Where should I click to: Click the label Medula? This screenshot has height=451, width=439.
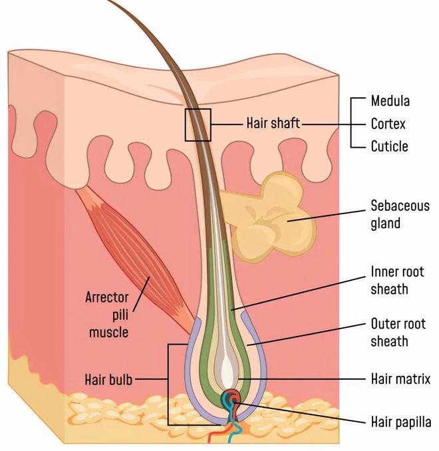click(390, 101)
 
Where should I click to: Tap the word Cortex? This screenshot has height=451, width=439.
click(388, 124)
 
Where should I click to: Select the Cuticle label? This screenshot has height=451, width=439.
click(390, 146)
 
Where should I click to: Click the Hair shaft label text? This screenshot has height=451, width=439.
click(273, 123)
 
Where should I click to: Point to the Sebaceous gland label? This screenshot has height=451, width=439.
click(400, 215)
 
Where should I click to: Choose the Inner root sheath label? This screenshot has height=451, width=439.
click(397, 281)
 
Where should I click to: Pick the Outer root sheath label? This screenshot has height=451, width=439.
click(398, 333)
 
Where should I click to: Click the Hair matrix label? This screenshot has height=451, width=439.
click(400, 378)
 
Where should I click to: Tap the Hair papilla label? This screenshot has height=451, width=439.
click(401, 422)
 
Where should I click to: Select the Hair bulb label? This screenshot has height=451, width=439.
click(108, 379)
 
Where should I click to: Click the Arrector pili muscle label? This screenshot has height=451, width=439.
click(107, 315)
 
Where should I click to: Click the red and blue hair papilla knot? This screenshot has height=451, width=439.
click(230, 399)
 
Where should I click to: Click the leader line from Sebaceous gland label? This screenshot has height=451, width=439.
click(327, 216)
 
